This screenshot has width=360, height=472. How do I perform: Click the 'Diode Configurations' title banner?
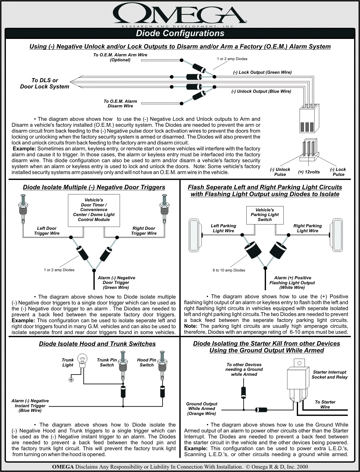click(x=180, y=33)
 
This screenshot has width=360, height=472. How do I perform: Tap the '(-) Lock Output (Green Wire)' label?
click(x=262, y=72)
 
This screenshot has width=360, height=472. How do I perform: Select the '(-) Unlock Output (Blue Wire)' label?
click(x=261, y=91)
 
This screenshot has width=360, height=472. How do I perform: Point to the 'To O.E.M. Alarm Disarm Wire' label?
click(x=120, y=104)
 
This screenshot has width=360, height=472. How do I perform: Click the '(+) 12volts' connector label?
click(x=309, y=172)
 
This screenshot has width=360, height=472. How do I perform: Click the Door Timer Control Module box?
click(x=94, y=210)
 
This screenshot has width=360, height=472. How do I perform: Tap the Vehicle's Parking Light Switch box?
click(x=265, y=215)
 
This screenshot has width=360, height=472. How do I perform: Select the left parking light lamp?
click(x=194, y=235)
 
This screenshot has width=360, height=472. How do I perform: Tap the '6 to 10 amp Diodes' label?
click(x=229, y=270)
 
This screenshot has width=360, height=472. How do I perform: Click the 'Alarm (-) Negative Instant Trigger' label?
click(x=30, y=406)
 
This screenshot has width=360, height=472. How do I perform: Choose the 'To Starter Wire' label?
click(x=325, y=404)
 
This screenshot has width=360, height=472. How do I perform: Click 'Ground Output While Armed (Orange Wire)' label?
click(x=201, y=408)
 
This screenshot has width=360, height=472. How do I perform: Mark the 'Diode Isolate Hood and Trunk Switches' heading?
click(x=97, y=344)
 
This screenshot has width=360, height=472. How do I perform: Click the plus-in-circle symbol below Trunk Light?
click(x=71, y=380)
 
